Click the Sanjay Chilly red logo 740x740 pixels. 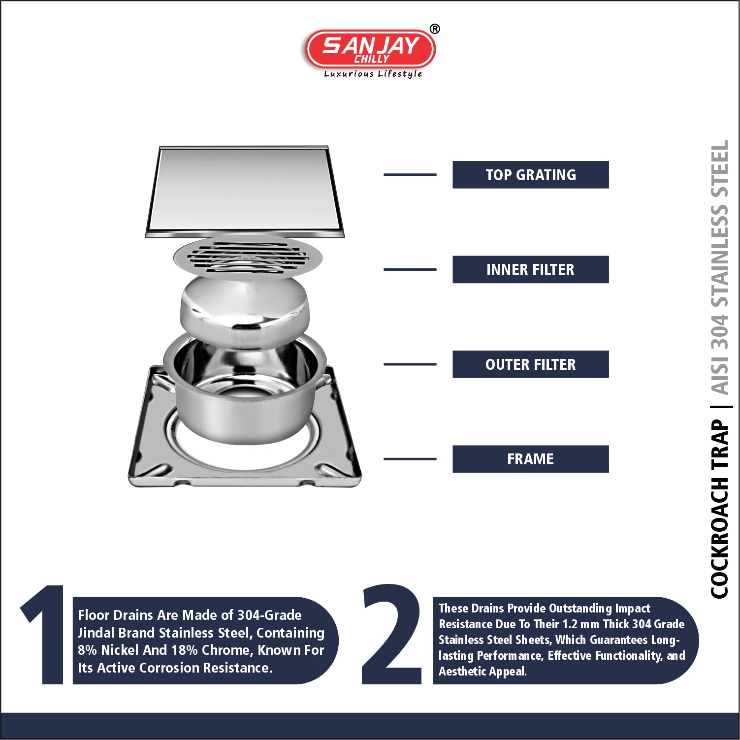[370, 49]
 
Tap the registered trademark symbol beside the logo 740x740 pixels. [434, 29]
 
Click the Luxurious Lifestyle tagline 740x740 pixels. [373, 74]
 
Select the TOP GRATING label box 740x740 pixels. [530, 175]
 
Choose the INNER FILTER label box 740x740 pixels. [530, 269]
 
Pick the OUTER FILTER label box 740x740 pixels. [530, 364]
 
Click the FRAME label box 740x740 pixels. [530, 459]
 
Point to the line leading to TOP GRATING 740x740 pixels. [410, 175]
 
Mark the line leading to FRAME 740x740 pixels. [410, 459]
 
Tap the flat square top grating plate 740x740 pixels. [245, 191]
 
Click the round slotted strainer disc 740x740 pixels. [248, 257]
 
